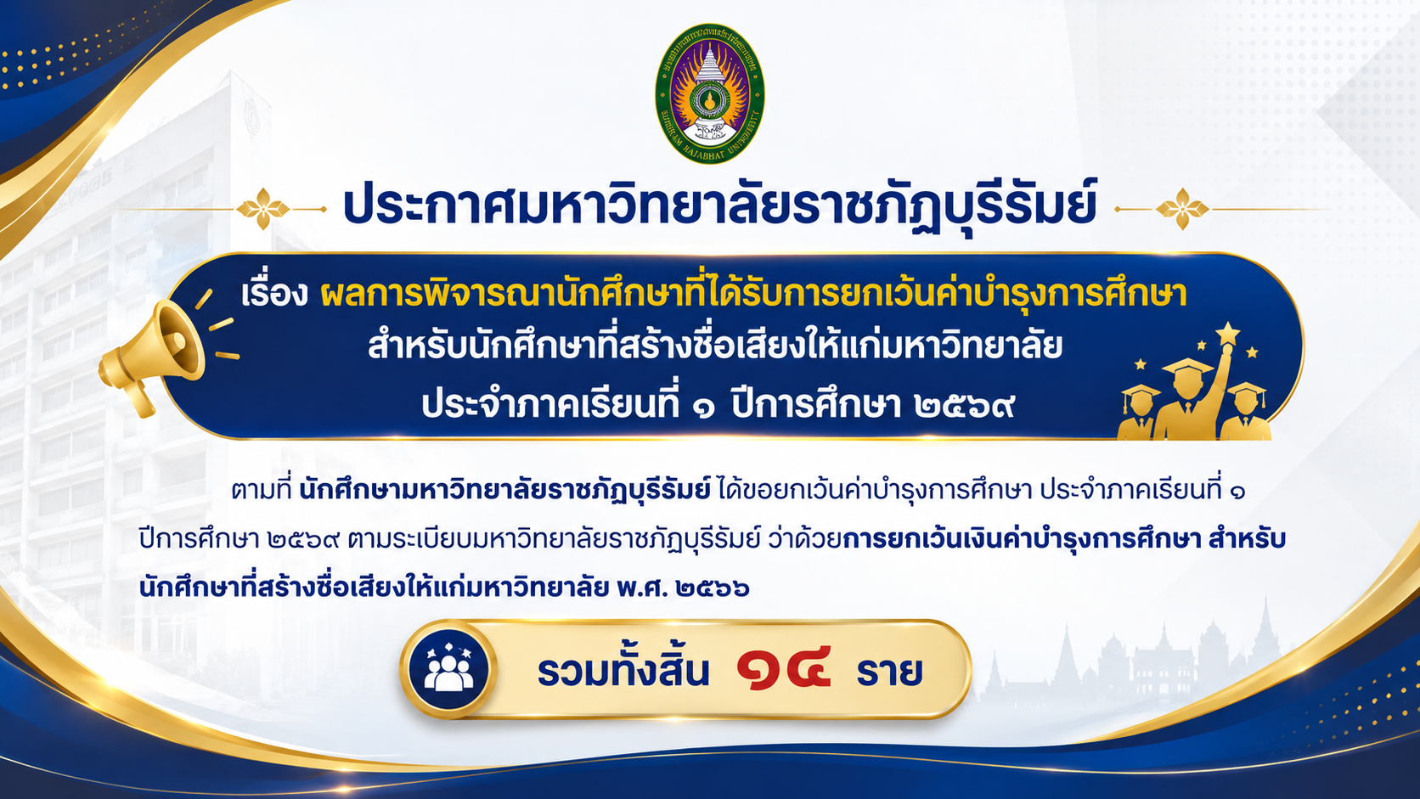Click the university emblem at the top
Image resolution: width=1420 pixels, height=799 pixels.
[709, 93]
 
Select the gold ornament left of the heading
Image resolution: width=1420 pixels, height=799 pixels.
[263, 209]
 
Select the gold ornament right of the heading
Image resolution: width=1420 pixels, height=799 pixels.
[1181, 209]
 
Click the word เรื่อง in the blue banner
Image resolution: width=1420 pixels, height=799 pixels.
[273, 294]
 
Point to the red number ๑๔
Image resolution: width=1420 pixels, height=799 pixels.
[784, 670]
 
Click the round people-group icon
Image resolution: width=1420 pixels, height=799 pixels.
[448, 670]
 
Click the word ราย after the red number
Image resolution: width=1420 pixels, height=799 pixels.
[889, 672]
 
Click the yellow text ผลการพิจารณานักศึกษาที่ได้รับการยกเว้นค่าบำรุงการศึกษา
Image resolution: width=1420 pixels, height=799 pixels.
[753, 294]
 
